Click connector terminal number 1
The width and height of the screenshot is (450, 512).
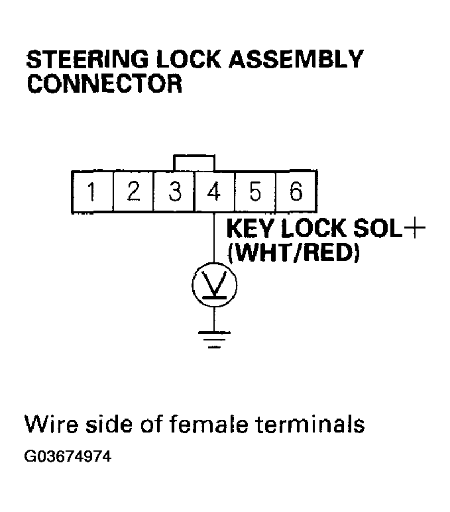click(x=92, y=192)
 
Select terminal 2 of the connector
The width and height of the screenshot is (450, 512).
click(x=133, y=192)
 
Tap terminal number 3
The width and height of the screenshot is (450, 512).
click(x=174, y=192)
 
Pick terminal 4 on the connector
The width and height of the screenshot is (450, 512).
click(x=214, y=192)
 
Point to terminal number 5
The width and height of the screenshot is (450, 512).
click(x=255, y=192)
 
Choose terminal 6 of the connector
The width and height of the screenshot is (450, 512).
click(x=296, y=192)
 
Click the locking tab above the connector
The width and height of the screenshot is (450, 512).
click(x=194, y=162)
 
